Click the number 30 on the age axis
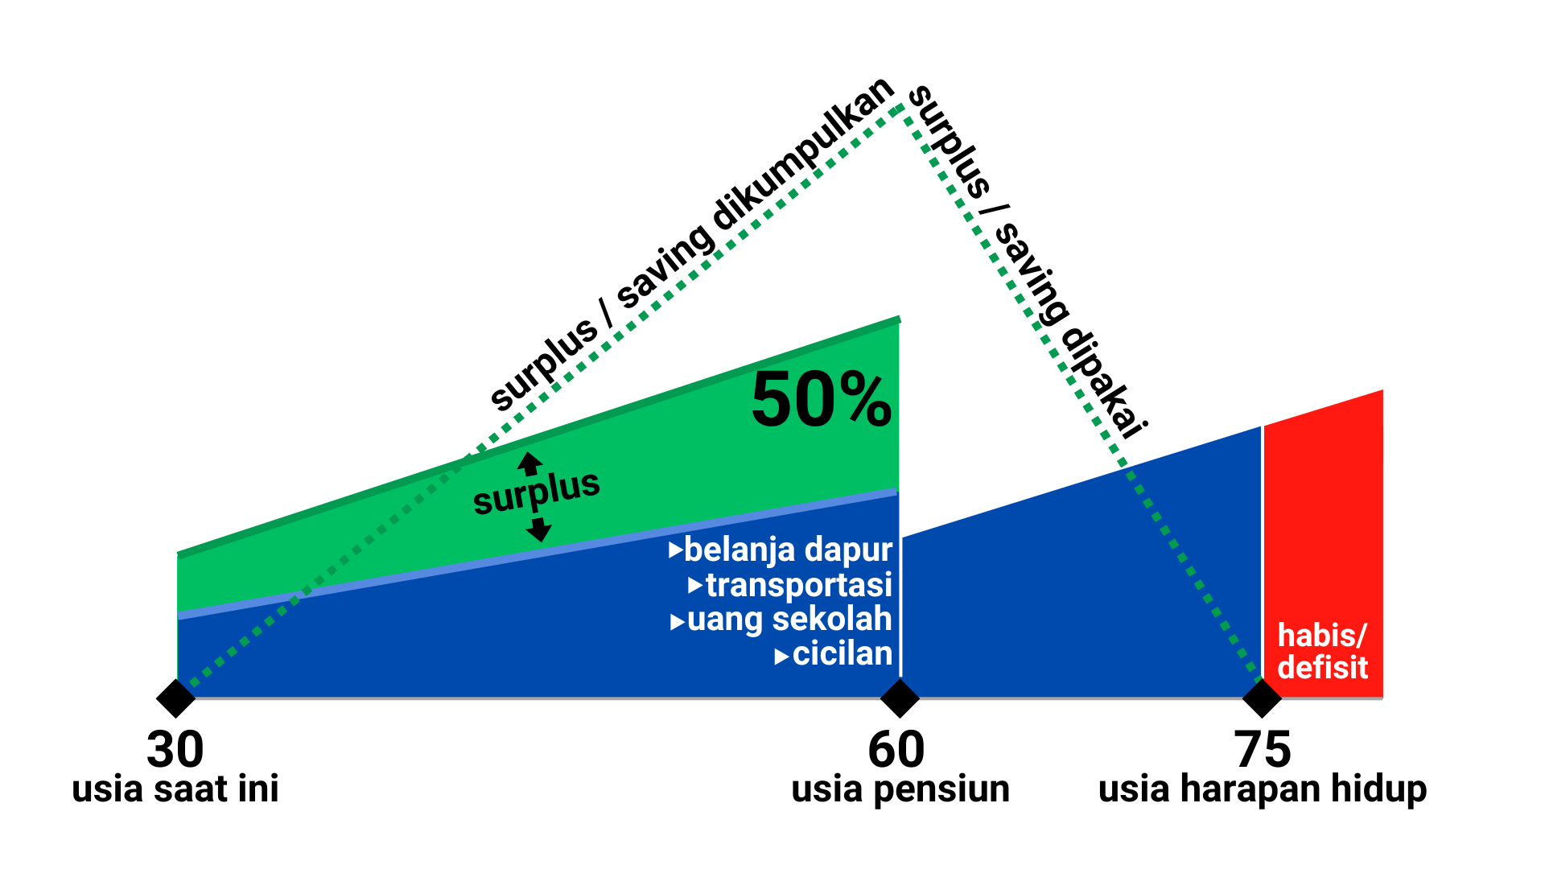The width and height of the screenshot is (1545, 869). [175, 750]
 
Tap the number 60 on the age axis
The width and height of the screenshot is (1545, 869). [896, 750]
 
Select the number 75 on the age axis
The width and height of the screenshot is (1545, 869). [1262, 750]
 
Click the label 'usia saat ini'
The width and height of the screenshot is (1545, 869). [175, 789]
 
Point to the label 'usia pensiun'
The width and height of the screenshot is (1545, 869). [900, 789]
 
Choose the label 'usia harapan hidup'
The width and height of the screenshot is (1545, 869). [1262, 789]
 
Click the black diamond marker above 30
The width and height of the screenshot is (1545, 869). [176, 698]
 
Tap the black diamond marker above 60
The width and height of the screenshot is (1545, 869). [900, 698]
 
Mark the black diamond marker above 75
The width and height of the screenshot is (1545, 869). [1262, 698]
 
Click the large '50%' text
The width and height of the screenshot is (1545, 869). [821, 400]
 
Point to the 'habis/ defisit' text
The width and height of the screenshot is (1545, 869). [1322, 652]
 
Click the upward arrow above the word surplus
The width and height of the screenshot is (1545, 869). [529, 463]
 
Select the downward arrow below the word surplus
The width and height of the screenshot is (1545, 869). [538, 529]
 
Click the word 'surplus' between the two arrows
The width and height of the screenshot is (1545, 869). [536, 492]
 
